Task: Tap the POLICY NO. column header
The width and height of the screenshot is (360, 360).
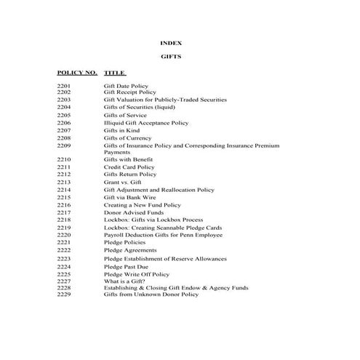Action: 76,73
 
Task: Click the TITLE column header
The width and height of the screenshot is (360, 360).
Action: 115,73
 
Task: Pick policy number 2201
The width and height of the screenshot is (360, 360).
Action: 64,86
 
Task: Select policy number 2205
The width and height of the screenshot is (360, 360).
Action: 64,115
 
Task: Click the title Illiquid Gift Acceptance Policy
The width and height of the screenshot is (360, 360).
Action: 145,123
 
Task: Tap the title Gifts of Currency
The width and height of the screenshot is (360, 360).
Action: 128,137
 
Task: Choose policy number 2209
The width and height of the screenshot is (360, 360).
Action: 64,145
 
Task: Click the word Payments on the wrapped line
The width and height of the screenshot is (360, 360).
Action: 117,152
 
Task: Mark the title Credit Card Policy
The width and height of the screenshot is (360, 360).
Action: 129,167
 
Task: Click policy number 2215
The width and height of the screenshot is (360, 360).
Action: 64,197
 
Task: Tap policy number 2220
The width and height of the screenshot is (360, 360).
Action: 64,235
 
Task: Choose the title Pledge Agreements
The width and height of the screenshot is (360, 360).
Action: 131,250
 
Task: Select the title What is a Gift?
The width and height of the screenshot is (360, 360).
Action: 124,281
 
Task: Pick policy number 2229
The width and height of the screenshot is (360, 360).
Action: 64,294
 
